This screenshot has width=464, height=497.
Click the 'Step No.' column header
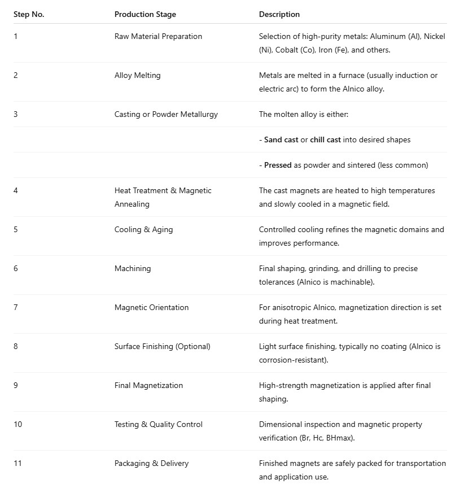[29, 14]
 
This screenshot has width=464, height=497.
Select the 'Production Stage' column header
[145, 14]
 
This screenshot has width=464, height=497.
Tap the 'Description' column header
[279, 14]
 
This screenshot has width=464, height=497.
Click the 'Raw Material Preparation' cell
[158, 36]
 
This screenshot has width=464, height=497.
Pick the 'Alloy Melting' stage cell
[137, 75]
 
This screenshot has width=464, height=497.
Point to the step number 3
[16, 114]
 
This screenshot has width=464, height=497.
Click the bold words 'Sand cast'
[281, 139]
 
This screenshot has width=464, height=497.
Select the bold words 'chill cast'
[325, 139]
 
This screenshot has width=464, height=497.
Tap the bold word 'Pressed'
[278, 165]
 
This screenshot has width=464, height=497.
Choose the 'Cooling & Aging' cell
[143, 229]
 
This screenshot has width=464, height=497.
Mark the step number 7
[16, 307]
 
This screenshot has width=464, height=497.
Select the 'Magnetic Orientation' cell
[151, 307]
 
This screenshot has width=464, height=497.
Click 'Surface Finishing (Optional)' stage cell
[162, 346]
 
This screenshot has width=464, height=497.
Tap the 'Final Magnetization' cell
[148, 385]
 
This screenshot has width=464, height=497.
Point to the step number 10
[17, 424]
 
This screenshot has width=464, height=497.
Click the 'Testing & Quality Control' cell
[158, 424]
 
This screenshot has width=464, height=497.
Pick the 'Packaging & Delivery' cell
[151, 463]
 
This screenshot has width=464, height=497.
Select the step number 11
[17, 463]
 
